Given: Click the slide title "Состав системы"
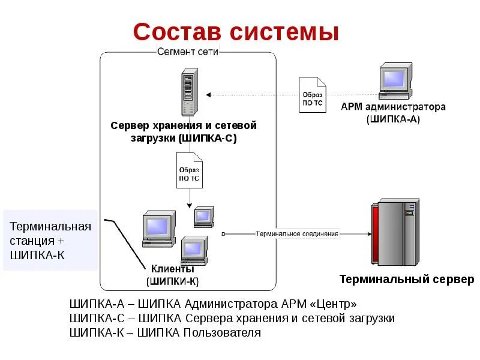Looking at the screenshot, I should click(x=236, y=32).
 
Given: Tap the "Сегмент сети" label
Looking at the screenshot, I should click(x=187, y=52).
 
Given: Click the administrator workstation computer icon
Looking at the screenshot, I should click(x=394, y=83).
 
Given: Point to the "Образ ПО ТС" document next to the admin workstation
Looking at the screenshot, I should click(x=313, y=95).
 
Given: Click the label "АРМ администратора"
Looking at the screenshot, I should click(x=393, y=107).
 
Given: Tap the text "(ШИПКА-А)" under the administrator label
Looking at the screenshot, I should click(x=393, y=119).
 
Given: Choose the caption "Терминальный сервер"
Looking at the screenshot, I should click(x=406, y=279).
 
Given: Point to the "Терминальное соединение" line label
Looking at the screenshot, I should click(x=296, y=233).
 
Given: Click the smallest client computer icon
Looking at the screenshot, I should click(x=203, y=215).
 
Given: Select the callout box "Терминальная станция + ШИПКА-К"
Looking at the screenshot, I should click(x=50, y=241).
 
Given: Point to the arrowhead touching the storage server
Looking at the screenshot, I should click(x=208, y=94).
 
